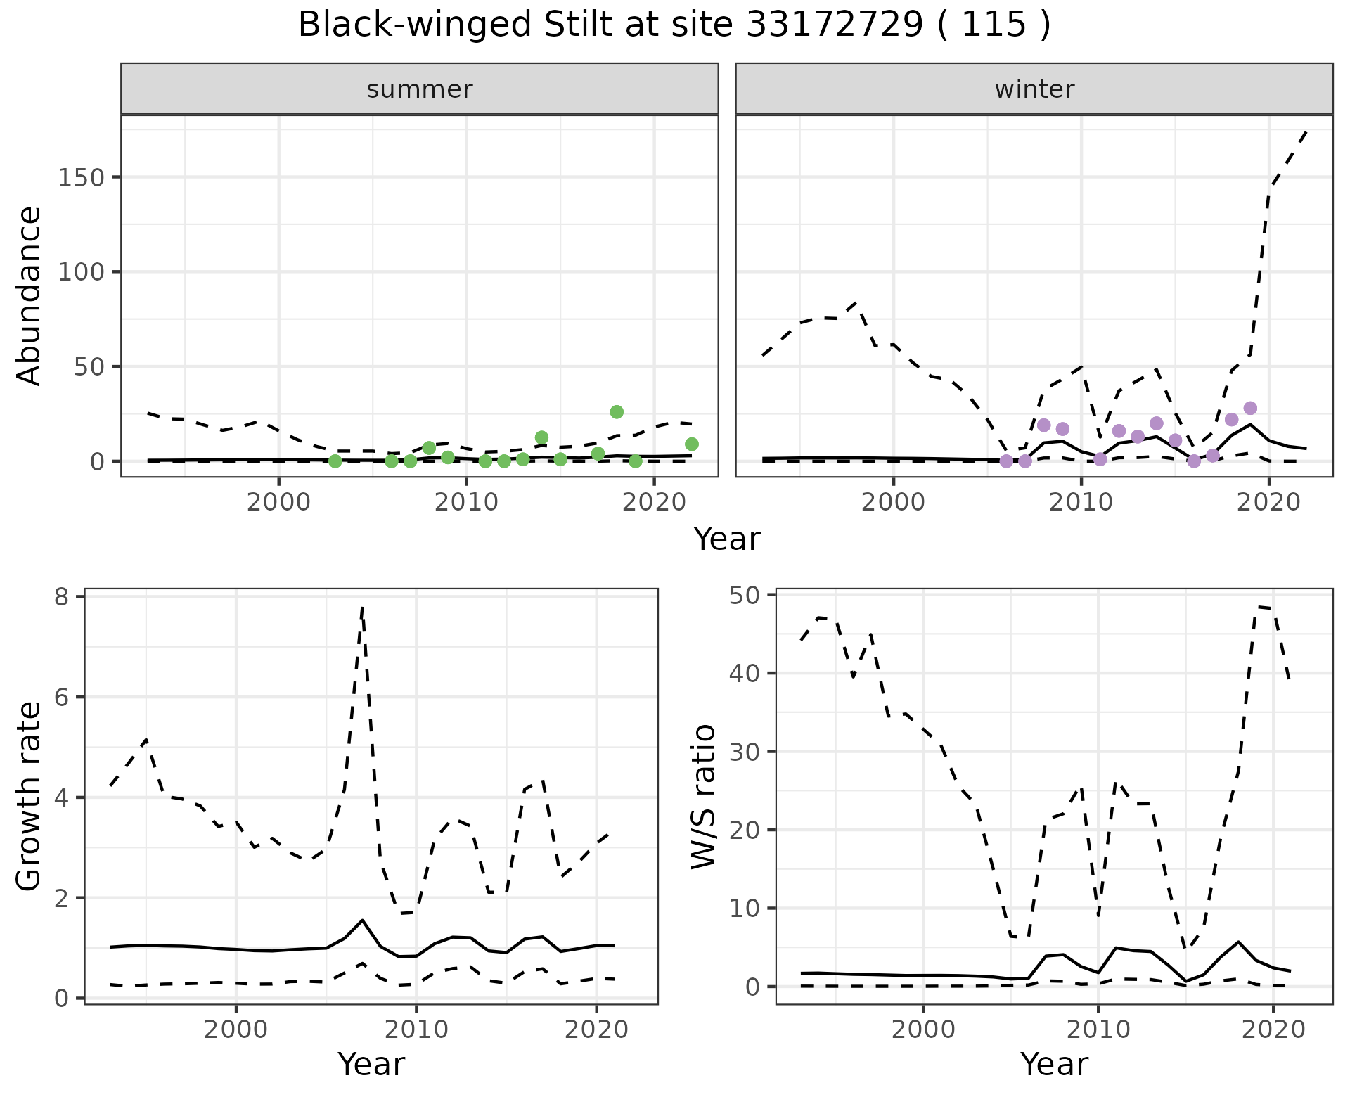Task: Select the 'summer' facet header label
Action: [420, 89]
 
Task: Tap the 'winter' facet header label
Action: [1034, 89]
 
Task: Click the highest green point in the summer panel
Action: [617, 411]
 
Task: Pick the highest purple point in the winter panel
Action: [1250, 408]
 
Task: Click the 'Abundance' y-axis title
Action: [30, 295]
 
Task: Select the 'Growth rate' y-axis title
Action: [30, 796]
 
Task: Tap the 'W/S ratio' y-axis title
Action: [703, 796]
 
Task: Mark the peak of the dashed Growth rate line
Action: [362, 606]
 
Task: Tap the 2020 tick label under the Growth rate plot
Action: [596, 1030]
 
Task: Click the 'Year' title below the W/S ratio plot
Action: [1054, 1064]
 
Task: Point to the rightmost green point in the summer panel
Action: [692, 444]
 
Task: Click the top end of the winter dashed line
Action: [1306, 131]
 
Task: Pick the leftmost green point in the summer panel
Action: [335, 461]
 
